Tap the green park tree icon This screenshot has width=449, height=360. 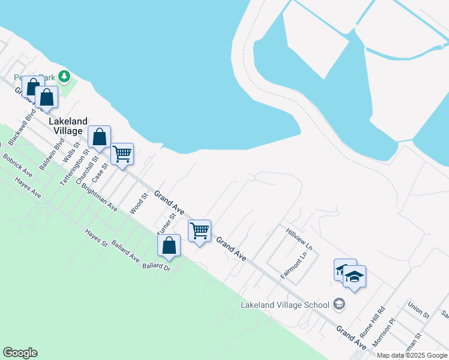tap(65, 77)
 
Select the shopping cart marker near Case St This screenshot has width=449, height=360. tap(122, 154)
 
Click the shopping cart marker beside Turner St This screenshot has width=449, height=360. tap(199, 230)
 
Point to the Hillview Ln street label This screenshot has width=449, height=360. tap(300, 239)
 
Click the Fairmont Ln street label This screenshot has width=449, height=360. tap(294, 265)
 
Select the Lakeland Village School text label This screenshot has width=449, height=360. tap(285, 304)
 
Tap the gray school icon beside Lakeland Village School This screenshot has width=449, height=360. tap(339, 304)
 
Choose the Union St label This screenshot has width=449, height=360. tap(418, 310)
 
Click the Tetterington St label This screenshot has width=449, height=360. tap(73, 167)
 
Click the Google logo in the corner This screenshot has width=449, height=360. tap(20, 353)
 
